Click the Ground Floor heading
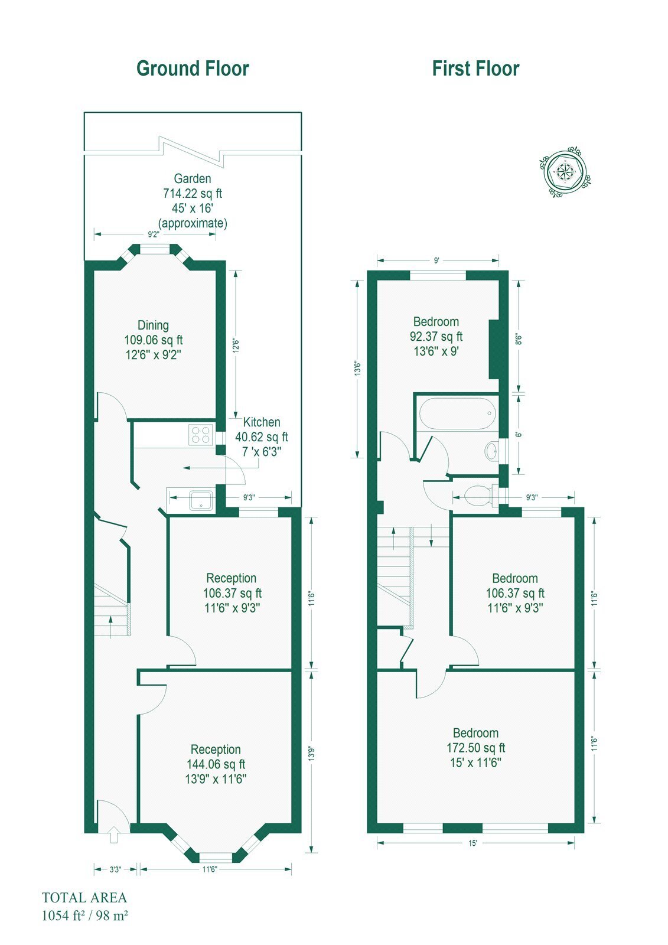pyautogui.click(x=193, y=69)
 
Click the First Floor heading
pyautogui.click(x=475, y=69)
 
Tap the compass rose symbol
pyautogui.click(x=565, y=172)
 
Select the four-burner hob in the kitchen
pyautogui.click(x=201, y=435)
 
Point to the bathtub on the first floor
pyautogui.click(x=457, y=413)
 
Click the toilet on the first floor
pyautogui.click(x=481, y=495)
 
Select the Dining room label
pyautogui.click(x=153, y=325)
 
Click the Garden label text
pyautogui.click(x=193, y=178)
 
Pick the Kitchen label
pyautogui.click(x=262, y=422)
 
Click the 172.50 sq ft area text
pyautogui.click(x=475, y=748)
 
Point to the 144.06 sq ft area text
pyautogui.click(x=216, y=764)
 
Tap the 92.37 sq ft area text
pyautogui.click(x=436, y=336)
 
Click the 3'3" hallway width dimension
pyautogui.click(x=115, y=869)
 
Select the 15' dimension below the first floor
pyautogui.click(x=473, y=843)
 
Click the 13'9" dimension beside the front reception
pyautogui.click(x=311, y=754)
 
